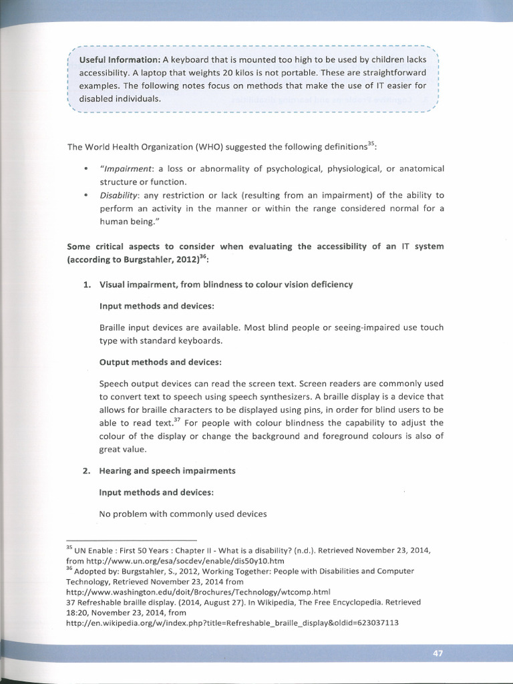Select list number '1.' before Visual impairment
point(87,285)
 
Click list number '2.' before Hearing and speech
point(87,470)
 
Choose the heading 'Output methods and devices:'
point(160,362)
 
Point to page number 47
point(438,653)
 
